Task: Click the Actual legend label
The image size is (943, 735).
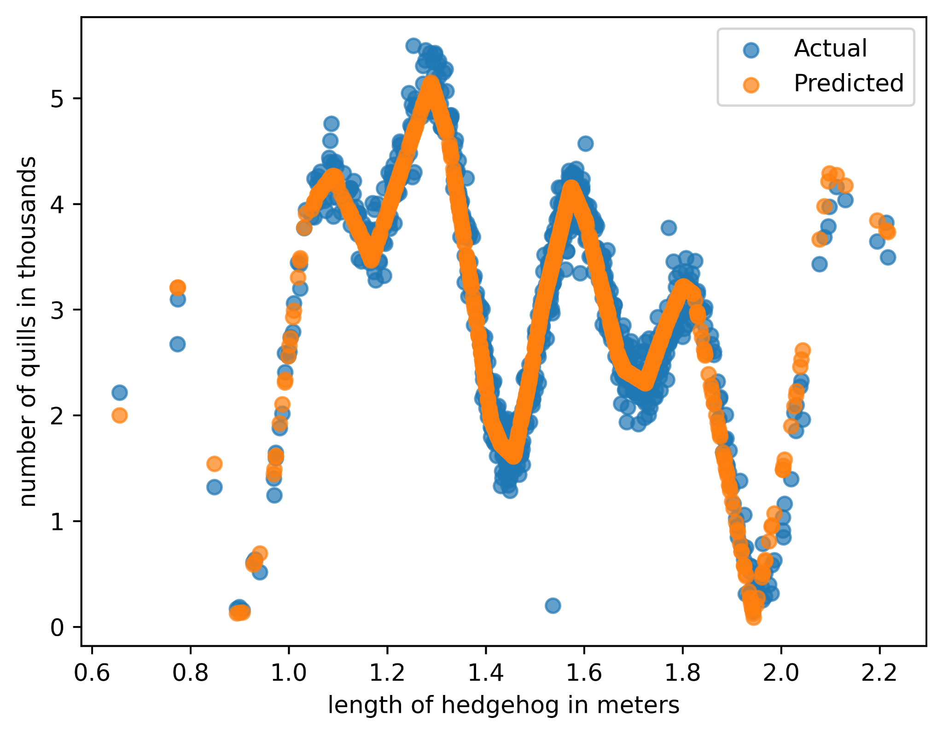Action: point(830,48)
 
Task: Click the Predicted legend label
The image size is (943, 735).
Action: point(849,83)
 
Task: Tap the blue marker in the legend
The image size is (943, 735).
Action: point(751,49)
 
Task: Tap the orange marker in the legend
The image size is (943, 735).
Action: point(751,84)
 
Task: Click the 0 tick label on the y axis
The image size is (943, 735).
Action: point(58,627)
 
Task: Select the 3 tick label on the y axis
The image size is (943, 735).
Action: point(58,310)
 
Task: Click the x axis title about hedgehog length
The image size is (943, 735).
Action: point(503,705)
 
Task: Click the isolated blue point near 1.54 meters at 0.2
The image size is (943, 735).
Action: point(553,606)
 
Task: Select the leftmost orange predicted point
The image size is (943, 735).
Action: point(119,415)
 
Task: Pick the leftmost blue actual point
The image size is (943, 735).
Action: point(119,392)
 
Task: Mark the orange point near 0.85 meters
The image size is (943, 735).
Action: point(214,464)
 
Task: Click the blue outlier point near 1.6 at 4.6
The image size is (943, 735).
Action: point(585,144)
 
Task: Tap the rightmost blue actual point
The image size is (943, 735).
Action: point(888,258)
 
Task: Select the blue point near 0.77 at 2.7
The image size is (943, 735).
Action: point(177,344)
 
